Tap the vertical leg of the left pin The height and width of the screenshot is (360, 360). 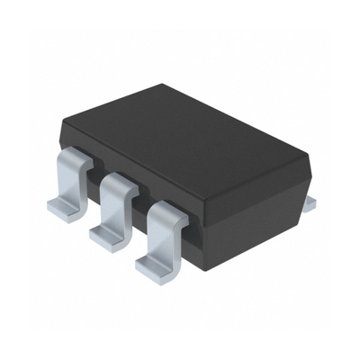pos(72,184)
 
